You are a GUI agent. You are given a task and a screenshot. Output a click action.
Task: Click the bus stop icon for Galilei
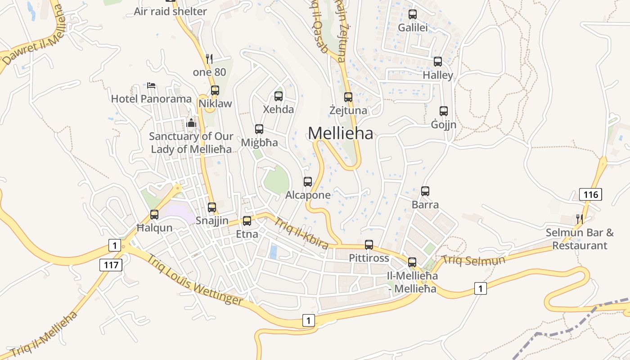click(x=413, y=14)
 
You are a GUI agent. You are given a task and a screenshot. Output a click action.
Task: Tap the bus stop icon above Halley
click(x=438, y=62)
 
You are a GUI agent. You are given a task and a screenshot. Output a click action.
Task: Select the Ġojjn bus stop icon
click(x=444, y=111)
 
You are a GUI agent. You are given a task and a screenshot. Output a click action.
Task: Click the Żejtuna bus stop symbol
click(x=348, y=97)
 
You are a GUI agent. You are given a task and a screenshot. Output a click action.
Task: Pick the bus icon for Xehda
click(x=279, y=96)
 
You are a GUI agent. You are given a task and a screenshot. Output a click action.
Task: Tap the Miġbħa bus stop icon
click(x=259, y=129)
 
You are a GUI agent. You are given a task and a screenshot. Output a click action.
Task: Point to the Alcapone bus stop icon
click(x=308, y=182)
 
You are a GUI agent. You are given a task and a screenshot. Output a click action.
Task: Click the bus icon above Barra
click(x=425, y=191)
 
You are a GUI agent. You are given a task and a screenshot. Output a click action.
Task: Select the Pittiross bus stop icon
click(x=369, y=245)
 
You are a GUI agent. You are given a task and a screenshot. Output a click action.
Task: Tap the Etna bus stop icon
click(x=247, y=221)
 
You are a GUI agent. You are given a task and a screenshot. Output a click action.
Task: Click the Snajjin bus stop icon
click(x=212, y=207)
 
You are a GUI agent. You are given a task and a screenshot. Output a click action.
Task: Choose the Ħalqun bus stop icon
click(x=154, y=215)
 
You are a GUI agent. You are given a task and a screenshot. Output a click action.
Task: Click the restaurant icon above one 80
click(x=209, y=58)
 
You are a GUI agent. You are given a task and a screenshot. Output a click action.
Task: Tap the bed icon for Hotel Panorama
click(x=151, y=85)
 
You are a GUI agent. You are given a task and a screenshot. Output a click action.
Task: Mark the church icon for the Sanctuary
click(x=191, y=122)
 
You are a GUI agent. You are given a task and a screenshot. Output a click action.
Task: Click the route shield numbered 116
click(x=590, y=194)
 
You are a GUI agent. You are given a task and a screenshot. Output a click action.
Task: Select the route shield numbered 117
click(x=111, y=265)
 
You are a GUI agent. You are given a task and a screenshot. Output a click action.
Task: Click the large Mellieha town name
click(x=341, y=133)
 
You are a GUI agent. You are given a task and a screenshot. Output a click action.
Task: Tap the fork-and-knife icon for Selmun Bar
click(x=580, y=219)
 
